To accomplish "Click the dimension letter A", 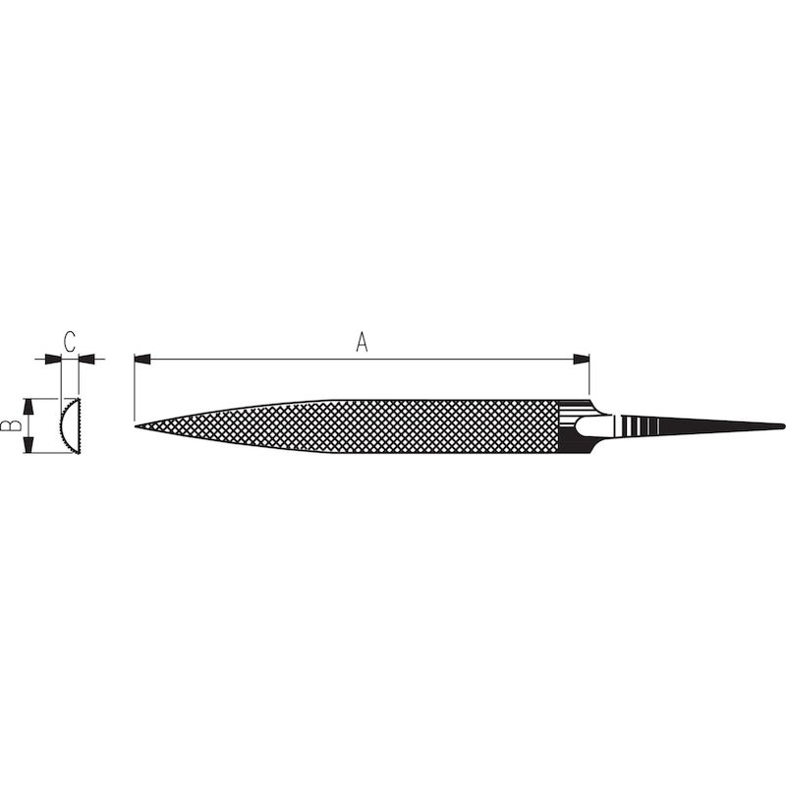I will tap(361, 342).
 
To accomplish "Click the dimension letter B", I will tap(10, 425).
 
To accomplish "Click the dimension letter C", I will tap(69, 341).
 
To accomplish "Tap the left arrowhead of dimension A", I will tap(140, 360).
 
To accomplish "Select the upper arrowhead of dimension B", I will tap(29, 404).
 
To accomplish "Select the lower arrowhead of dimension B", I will tap(29, 447).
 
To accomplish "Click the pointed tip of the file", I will tap(136, 425).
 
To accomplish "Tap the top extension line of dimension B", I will tap(44, 398).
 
